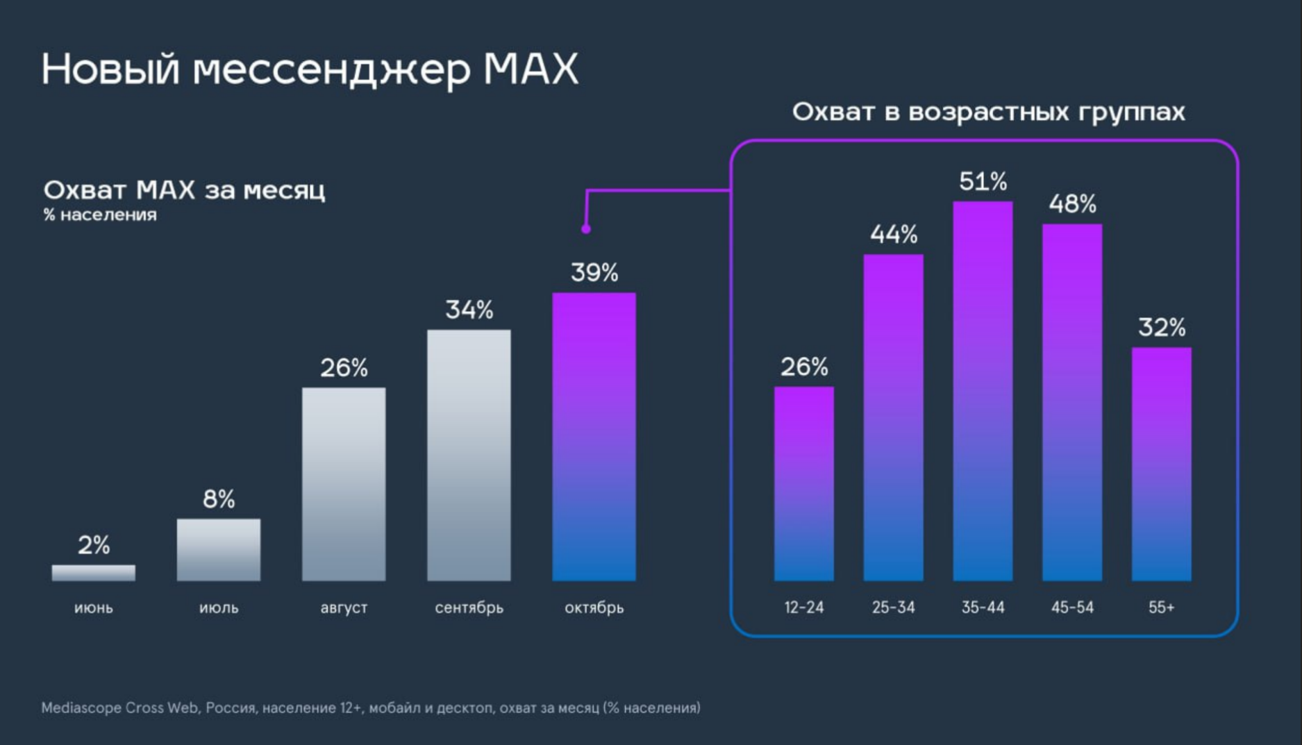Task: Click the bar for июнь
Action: tap(93, 573)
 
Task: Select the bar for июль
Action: tap(218, 549)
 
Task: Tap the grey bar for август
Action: tap(343, 484)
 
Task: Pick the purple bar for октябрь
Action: tap(594, 437)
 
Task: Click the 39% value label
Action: tap(594, 273)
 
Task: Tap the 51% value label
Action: tap(983, 182)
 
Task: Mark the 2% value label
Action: tap(93, 545)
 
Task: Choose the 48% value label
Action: tap(1071, 204)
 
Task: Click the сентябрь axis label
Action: tap(469, 608)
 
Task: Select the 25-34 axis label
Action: tap(893, 608)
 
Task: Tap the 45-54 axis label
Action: tap(1071, 608)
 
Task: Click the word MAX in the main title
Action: tap(531, 69)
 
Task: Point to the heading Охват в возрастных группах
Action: tap(988, 112)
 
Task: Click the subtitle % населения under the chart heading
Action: tap(100, 215)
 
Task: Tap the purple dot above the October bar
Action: tap(586, 229)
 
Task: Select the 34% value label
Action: tap(469, 310)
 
